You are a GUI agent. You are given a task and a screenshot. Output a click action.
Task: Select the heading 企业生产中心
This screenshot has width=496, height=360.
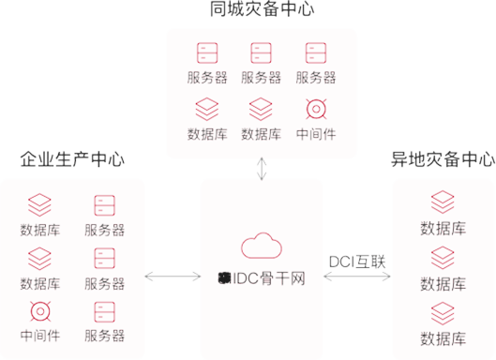[72, 159]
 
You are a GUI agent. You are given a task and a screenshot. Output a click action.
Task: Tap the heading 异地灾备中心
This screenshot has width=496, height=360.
[443, 159]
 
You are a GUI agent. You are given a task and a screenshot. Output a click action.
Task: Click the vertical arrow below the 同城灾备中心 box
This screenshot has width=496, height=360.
[262, 169]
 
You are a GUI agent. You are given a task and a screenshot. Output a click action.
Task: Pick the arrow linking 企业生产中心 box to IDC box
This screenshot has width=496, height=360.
[173, 277]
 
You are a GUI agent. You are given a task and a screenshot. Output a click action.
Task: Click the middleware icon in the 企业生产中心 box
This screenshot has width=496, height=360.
[39, 311]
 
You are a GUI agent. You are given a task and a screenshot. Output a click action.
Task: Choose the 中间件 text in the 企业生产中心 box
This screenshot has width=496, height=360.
[39, 336]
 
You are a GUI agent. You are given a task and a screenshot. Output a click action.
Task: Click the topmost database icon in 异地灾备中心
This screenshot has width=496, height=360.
[443, 202]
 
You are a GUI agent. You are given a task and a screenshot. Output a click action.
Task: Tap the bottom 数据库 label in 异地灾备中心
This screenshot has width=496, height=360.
[443, 337]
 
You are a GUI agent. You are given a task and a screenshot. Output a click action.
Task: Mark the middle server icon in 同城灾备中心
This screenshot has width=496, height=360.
[261, 52]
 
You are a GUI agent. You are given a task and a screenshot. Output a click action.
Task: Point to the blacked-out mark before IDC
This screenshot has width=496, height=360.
[223, 278]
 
